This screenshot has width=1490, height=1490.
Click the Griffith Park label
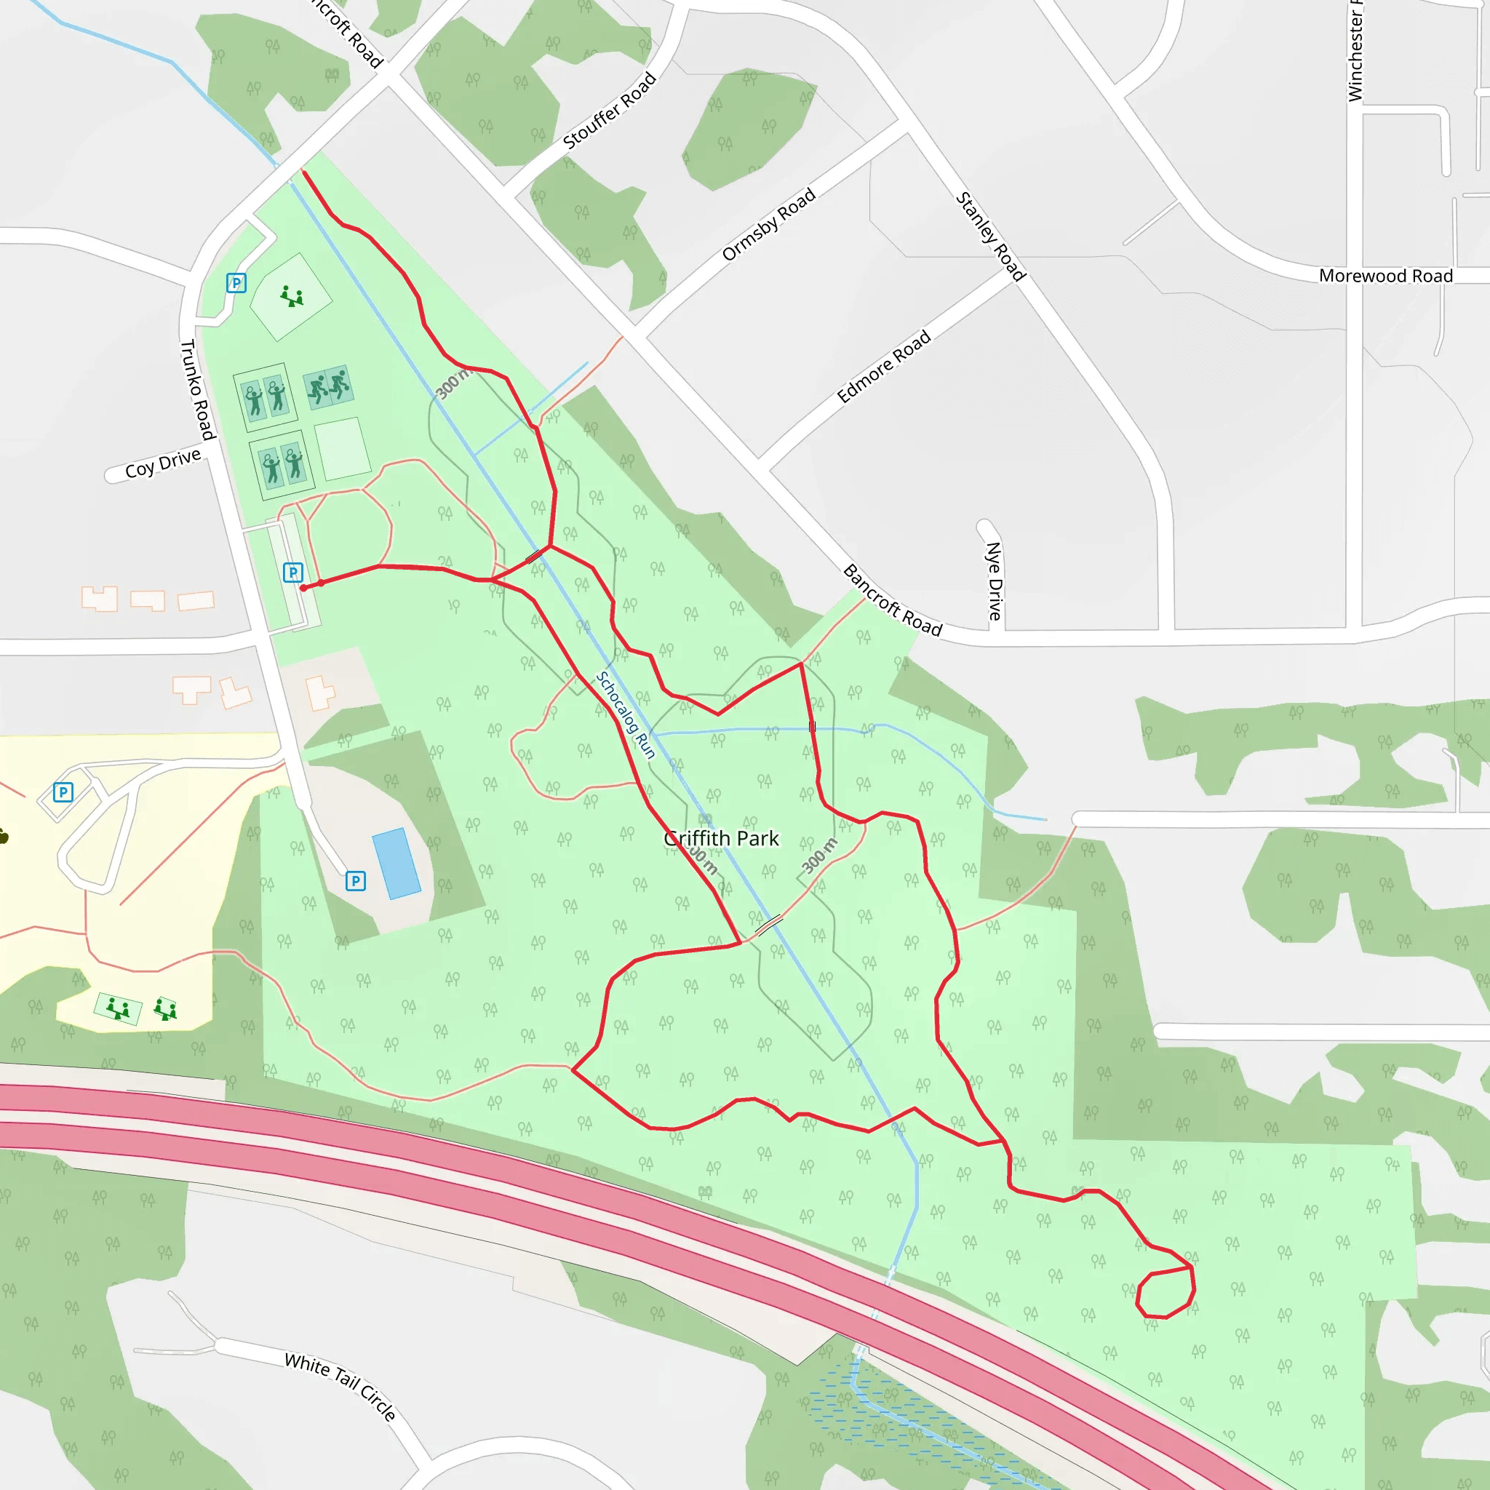coord(721,838)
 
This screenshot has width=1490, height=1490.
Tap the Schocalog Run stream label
coord(625,715)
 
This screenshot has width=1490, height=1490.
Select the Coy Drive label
coord(163,463)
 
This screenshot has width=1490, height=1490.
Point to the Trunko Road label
coord(196,389)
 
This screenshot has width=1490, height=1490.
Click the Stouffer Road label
coord(609,111)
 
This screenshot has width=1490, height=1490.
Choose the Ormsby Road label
coord(768,223)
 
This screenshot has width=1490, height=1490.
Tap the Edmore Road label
coord(884,367)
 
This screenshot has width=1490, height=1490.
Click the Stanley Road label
coord(990,236)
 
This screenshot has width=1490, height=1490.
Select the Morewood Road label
coord(1385,276)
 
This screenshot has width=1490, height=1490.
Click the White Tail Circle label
coord(340,1386)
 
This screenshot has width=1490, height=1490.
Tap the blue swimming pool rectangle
coord(397,864)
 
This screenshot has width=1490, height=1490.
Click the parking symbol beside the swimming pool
coord(356,881)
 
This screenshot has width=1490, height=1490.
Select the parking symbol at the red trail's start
coord(293,573)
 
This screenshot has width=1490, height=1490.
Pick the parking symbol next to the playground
coord(236,283)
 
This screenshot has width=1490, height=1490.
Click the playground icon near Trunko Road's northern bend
coord(291,296)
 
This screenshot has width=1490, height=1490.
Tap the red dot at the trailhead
coord(303,588)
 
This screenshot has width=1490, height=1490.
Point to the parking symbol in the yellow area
coord(63,792)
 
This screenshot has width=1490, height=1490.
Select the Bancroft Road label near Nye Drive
coord(892,601)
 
